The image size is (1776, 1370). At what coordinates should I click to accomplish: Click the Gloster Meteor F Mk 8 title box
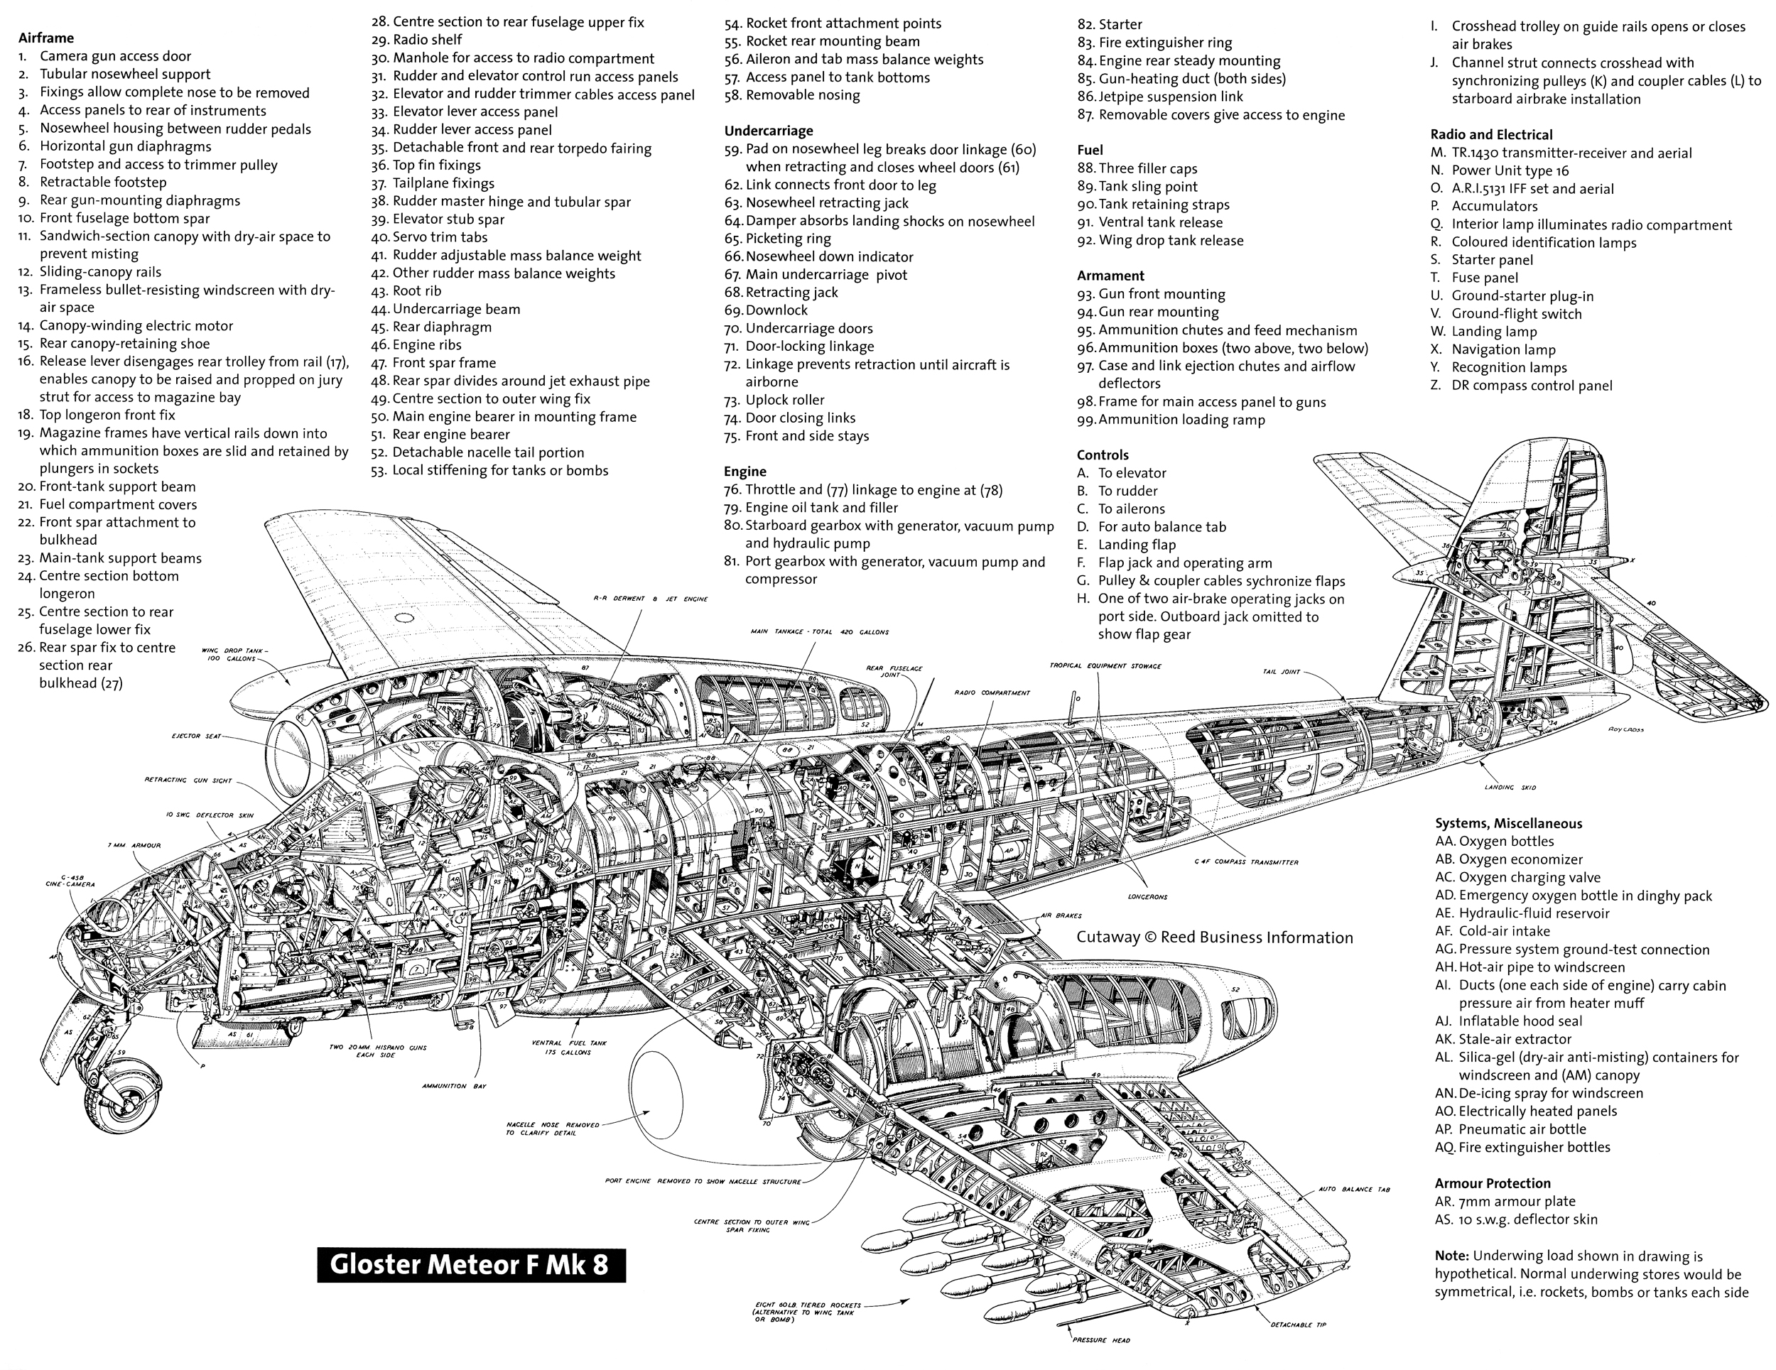pyautogui.click(x=471, y=1265)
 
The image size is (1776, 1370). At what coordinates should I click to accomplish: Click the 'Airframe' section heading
pyautogui.click(x=45, y=38)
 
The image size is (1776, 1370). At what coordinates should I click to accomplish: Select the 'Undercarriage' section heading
pyautogui.click(x=768, y=131)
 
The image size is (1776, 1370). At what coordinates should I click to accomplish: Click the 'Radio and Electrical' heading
pyautogui.click(x=1490, y=135)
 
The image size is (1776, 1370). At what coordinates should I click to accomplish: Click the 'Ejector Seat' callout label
pyautogui.click(x=195, y=736)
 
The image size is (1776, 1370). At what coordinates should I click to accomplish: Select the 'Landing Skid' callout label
pyautogui.click(x=1507, y=787)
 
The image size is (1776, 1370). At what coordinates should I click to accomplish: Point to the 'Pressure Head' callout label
pyautogui.click(x=1101, y=1340)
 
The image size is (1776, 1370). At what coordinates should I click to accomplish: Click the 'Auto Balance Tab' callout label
pyautogui.click(x=1354, y=1190)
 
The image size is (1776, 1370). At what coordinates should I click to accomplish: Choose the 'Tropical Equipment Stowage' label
pyautogui.click(x=1105, y=666)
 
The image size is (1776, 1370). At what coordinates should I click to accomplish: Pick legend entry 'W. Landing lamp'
pyautogui.click(x=1494, y=332)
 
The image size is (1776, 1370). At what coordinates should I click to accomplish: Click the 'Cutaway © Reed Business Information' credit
pyautogui.click(x=1214, y=937)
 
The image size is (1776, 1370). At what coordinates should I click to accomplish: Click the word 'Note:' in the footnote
pyautogui.click(x=1451, y=1256)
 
